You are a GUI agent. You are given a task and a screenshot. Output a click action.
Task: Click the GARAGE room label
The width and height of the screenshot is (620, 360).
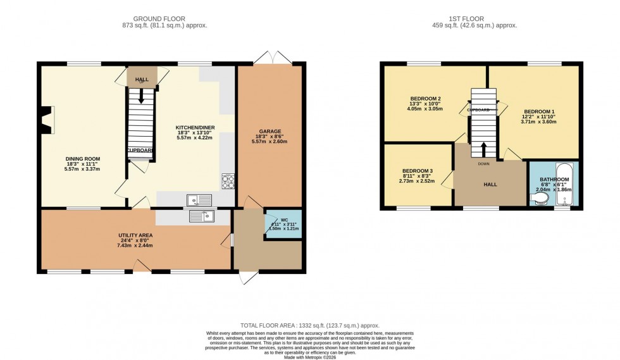tap(269, 131)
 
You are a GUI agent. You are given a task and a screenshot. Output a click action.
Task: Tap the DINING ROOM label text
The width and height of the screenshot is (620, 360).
tap(83, 159)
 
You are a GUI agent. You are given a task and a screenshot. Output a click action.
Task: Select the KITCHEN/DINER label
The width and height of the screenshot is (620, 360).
tap(195, 128)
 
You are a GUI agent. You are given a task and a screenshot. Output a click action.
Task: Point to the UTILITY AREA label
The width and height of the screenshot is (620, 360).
tap(136, 235)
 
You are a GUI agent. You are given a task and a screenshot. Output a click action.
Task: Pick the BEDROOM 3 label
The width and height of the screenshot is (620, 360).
tap(418, 171)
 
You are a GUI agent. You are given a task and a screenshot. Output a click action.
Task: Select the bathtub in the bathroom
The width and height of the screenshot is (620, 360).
tap(564, 184)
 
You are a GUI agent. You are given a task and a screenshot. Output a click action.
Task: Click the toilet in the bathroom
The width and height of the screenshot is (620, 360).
tap(538, 200)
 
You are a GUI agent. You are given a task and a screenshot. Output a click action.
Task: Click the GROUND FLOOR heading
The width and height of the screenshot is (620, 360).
tap(164, 18)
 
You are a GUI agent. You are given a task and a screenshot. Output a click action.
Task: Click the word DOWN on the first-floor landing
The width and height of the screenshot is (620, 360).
tap(483, 163)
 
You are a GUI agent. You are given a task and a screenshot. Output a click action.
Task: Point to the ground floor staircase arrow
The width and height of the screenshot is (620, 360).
tap(140, 94)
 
